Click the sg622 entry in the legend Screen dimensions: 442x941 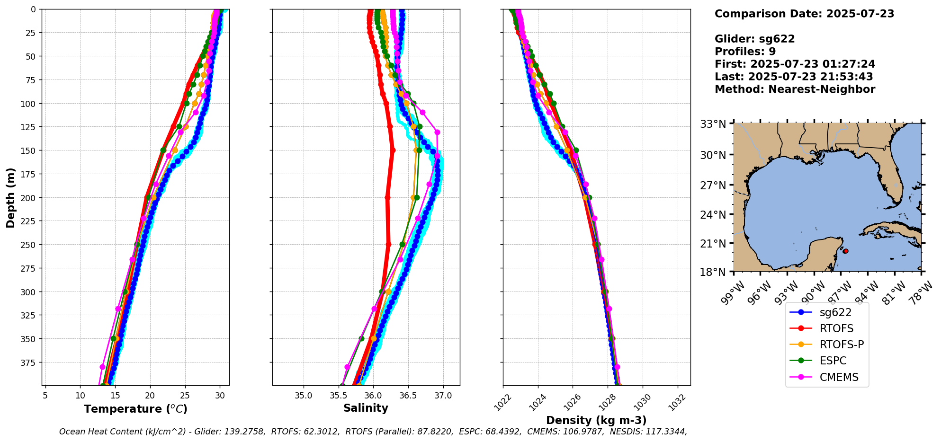click(835, 312)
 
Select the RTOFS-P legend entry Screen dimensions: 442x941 click(842, 345)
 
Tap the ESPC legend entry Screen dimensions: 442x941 click(833, 361)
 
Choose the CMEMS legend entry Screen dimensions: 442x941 click(839, 377)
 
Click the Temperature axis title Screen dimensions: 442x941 click(135, 409)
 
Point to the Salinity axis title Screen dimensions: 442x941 click(366, 408)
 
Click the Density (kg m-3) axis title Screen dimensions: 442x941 click(596, 420)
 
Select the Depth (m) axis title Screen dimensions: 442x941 click(11, 197)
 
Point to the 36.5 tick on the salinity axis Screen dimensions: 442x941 click(408, 396)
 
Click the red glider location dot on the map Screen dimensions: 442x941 click(846, 251)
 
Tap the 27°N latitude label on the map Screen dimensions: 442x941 click(713, 186)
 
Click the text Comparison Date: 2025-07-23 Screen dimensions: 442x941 click(804, 14)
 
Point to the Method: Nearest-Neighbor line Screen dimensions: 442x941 click(795, 89)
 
